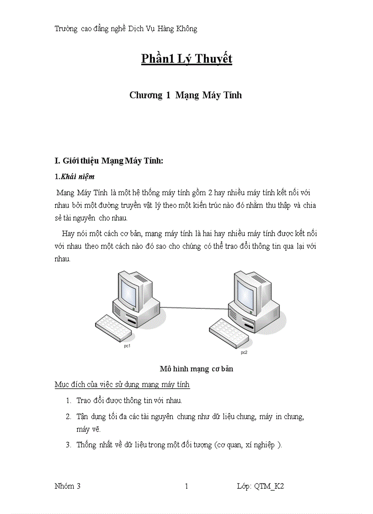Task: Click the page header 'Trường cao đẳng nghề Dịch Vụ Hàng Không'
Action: pyautogui.click(x=126, y=29)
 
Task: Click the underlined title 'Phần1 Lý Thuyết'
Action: pyautogui.click(x=186, y=59)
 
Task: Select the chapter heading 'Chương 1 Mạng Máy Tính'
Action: pyautogui.click(x=186, y=95)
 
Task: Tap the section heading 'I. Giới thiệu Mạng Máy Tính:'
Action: pyautogui.click(x=109, y=161)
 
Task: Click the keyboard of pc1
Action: pyautogui.click(x=112, y=328)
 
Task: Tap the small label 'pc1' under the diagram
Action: pyautogui.click(x=128, y=346)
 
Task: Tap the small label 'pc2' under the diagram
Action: pyautogui.click(x=244, y=353)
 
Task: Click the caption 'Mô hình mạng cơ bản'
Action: pyautogui.click(x=197, y=369)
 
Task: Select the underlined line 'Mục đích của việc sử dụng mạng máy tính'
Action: pyautogui.click(x=122, y=384)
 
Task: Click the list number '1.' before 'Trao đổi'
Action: pyautogui.click(x=68, y=401)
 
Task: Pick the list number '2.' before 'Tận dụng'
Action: pyautogui.click(x=68, y=417)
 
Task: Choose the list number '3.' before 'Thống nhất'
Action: pyautogui.click(x=68, y=444)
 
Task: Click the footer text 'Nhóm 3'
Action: pyautogui.click(x=68, y=486)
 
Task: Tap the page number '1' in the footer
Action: pyautogui.click(x=186, y=486)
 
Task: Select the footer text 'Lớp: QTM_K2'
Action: pyautogui.click(x=261, y=486)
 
